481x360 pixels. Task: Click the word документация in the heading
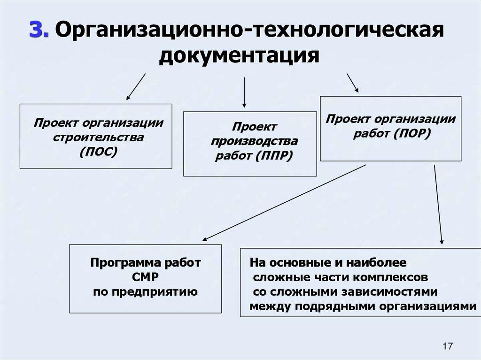pyautogui.click(x=239, y=55)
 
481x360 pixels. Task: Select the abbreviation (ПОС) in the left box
pyautogui.click(x=98, y=151)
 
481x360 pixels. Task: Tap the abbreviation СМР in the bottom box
pyautogui.click(x=146, y=276)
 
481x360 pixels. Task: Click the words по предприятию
pyautogui.click(x=146, y=291)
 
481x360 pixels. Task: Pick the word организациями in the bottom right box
pyautogui.click(x=426, y=306)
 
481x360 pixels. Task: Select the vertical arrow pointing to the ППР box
pyautogui.click(x=244, y=92)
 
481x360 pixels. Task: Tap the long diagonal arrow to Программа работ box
pyautogui.click(x=284, y=203)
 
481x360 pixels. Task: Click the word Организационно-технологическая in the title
pyautogui.click(x=250, y=31)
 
